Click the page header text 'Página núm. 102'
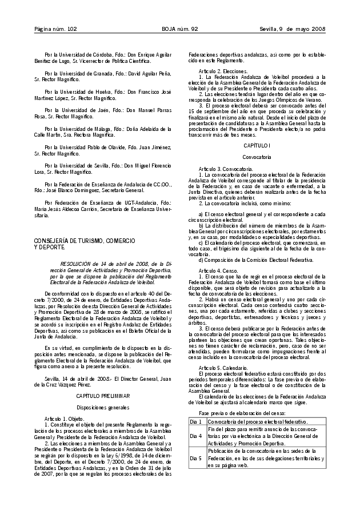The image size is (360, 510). (x=55, y=29)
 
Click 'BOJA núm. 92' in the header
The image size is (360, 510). (x=179, y=29)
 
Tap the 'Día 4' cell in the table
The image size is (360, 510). (x=196, y=436)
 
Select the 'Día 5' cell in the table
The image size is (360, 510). (x=196, y=458)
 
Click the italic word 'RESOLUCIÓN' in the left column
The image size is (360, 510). (x=78, y=264)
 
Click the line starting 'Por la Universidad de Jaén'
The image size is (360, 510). (x=105, y=109)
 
